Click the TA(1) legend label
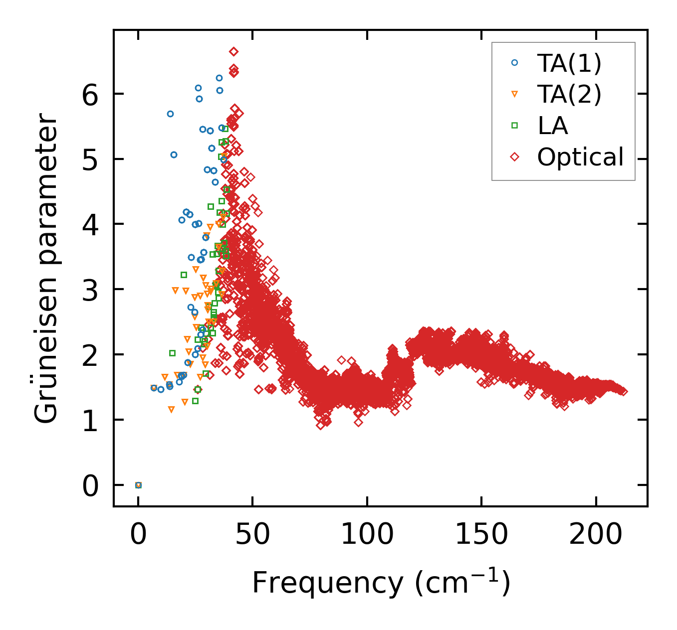pyautogui.click(x=569, y=63)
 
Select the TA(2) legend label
pyautogui.click(x=569, y=94)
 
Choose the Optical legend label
pyautogui.click(x=580, y=157)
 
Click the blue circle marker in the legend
pyautogui.click(x=515, y=63)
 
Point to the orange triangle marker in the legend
pyautogui.click(x=515, y=94)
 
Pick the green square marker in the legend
pyautogui.click(x=515, y=126)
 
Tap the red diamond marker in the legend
pyautogui.click(x=515, y=157)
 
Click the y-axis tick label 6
pyautogui.click(x=91, y=94)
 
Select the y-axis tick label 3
pyautogui.click(x=91, y=290)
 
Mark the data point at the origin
pyautogui.click(x=138, y=485)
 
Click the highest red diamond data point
pyautogui.click(x=233, y=51)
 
